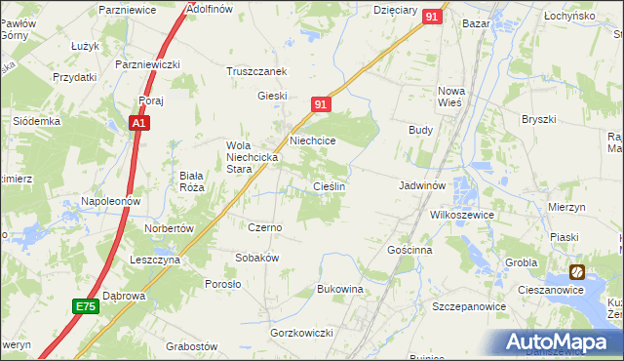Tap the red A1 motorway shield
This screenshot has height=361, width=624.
(x=139, y=124)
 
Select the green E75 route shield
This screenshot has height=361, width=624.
(x=86, y=306)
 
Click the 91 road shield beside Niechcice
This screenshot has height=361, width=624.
(x=324, y=102)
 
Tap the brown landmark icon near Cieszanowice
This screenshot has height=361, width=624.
(x=578, y=272)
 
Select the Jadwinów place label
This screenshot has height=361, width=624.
(x=422, y=184)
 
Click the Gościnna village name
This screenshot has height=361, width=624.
(x=409, y=250)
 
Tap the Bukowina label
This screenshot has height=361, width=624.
(x=340, y=290)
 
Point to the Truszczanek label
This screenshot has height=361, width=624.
(x=255, y=72)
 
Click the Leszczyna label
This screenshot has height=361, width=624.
(x=154, y=261)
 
